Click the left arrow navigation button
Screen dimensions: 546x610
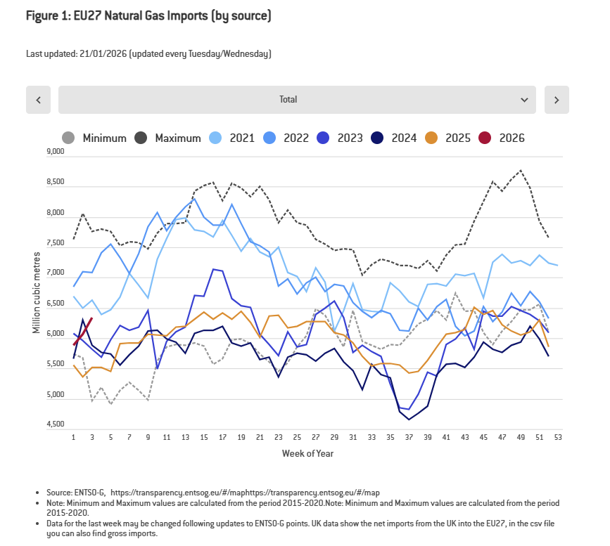point(38,100)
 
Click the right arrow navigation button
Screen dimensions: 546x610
point(557,100)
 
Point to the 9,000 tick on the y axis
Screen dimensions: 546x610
point(54,151)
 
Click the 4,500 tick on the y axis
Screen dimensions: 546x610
point(54,425)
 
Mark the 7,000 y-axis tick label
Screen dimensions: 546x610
point(54,273)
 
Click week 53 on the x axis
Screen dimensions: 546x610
point(558,437)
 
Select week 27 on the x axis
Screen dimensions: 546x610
point(316,437)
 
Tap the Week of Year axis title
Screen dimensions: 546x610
point(307,454)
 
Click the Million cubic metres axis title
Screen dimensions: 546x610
point(36,289)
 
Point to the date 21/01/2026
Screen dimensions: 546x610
point(104,54)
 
